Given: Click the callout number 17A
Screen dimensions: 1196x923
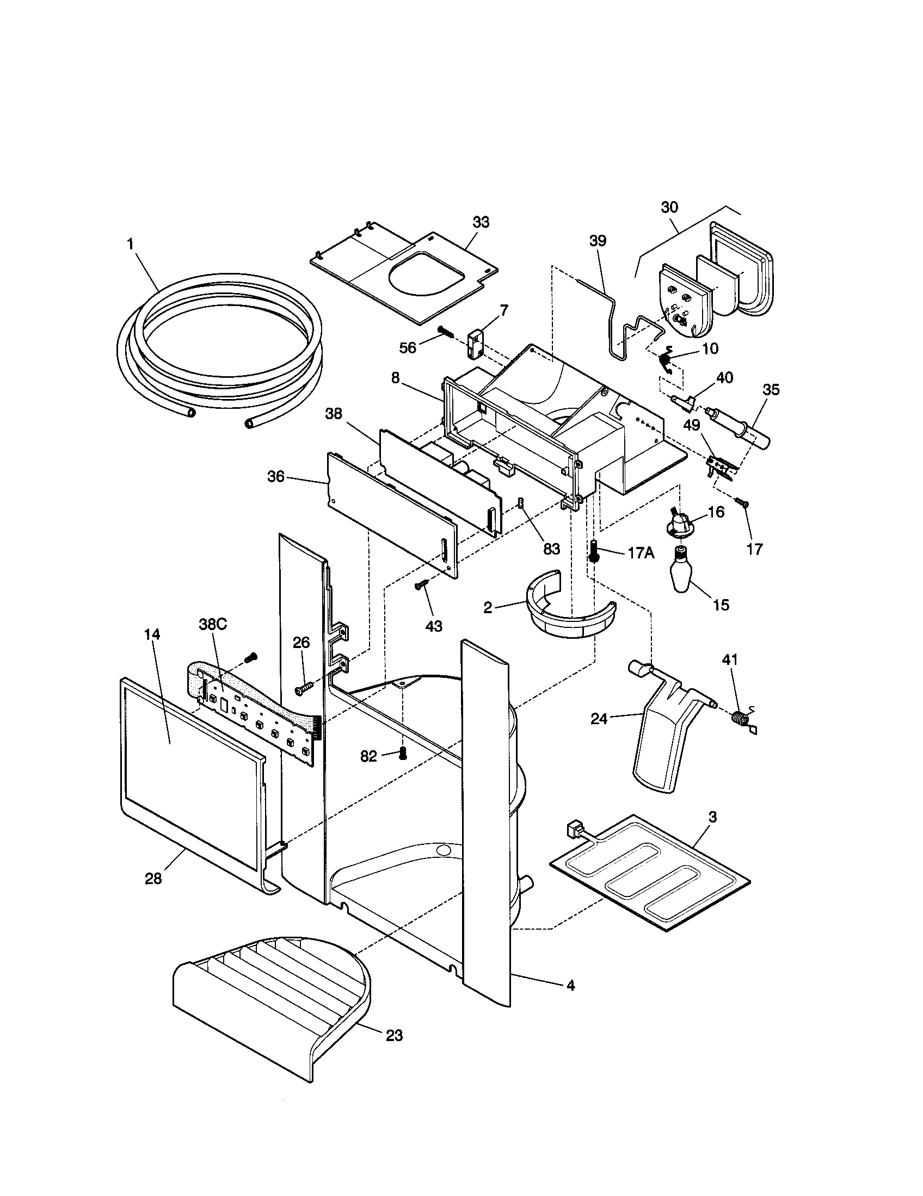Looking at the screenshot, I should click(x=641, y=553).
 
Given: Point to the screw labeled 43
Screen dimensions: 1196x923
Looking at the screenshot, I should click(x=421, y=586).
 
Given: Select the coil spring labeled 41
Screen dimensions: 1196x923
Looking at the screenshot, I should click(x=741, y=718).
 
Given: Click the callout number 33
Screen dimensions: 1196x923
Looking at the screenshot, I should click(x=481, y=222).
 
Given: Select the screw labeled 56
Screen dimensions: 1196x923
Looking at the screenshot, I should click(x=445, y=331).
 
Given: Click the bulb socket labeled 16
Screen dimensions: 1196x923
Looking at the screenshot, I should click(x=680, y=522).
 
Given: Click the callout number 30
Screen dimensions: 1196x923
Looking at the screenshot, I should click(x=669, y=207).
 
